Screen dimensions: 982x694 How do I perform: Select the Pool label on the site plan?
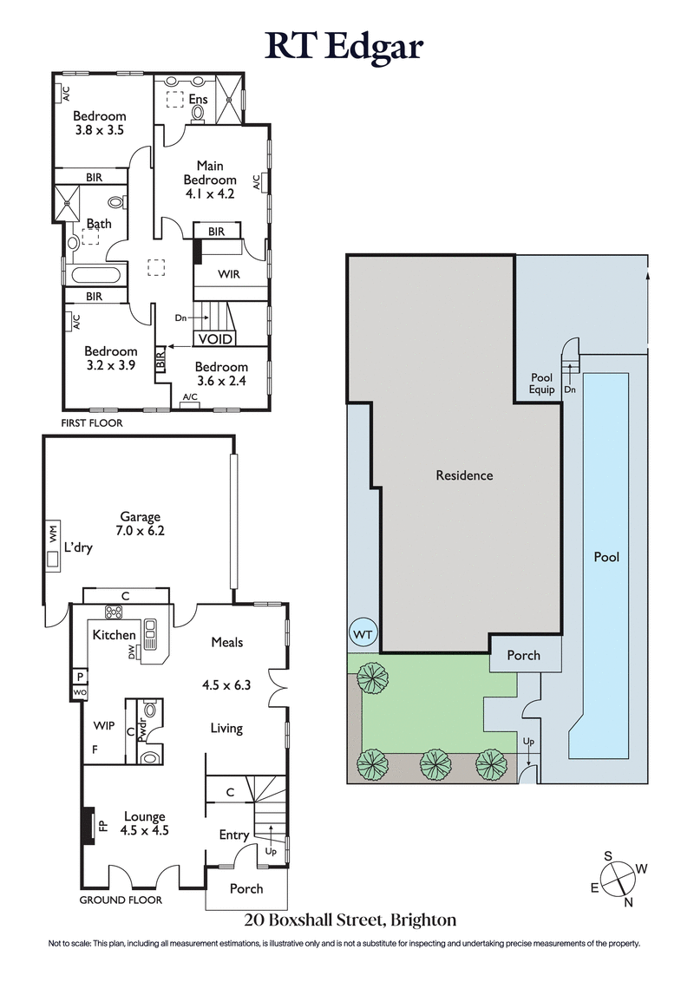click(x=606, y=557)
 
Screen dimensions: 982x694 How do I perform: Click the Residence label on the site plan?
click(x=464, y=475)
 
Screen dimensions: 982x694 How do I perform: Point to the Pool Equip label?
click(x=542, y=383)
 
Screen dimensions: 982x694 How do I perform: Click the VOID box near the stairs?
click(x=215, y=338)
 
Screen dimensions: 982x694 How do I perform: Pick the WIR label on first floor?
click(x=229, y=274)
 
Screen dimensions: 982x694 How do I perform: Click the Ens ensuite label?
click(x=199, y=100)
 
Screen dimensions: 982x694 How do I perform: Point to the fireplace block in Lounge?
click(x=88, y=824)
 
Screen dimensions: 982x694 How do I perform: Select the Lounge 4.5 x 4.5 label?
click(x=145, y=822)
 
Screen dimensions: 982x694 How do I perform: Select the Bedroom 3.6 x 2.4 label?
click(x=220, y=373)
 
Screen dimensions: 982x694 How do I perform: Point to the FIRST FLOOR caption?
click(x=92, y=423)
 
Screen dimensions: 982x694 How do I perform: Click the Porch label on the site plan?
click(x=523, y=655)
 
